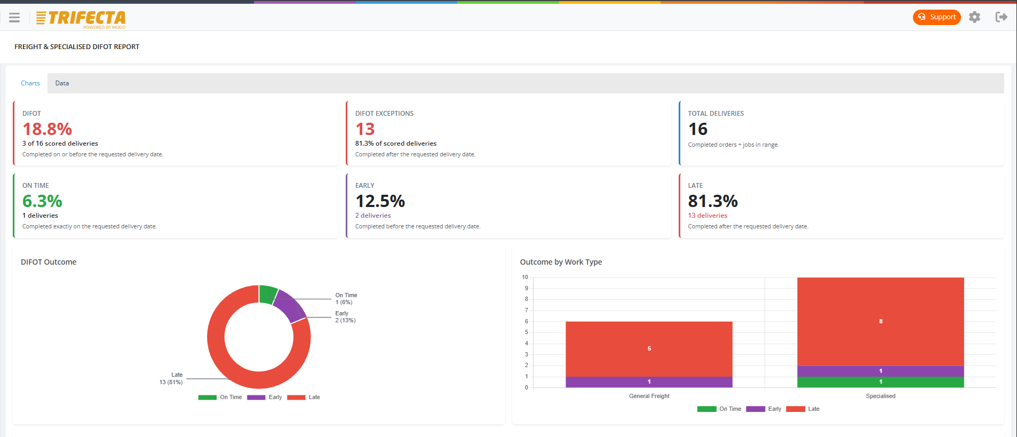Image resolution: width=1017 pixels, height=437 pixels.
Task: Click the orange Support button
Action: click(936, 17)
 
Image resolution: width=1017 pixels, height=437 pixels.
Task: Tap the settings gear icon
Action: click(975, 17)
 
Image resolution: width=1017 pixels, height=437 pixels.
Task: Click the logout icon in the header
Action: click(1002, 17)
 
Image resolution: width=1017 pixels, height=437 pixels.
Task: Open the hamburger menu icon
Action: click(14, 18)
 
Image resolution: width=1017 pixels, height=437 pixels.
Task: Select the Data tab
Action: click(62, 83)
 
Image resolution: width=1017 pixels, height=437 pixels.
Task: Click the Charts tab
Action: click(30, 83)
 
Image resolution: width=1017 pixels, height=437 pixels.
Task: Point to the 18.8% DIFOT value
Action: click(47, 129)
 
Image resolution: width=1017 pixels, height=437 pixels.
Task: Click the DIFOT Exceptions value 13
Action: click(365, 129)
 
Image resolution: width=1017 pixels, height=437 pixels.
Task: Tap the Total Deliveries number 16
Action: click(698, 129)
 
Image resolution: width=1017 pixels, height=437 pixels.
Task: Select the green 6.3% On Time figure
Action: click(42, 201)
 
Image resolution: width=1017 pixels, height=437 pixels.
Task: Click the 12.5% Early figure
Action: click(380, 201)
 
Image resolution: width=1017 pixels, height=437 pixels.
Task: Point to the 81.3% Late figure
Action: click(713, 201)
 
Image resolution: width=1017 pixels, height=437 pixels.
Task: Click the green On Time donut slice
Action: click(267, 295)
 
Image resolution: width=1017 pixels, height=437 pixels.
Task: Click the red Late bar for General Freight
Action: click(649, 349)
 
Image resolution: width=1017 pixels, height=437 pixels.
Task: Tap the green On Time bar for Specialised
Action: click(880, 382)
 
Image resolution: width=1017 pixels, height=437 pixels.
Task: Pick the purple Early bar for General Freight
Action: click(649, 382)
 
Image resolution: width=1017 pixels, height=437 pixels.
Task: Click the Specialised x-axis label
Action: click(880, 396)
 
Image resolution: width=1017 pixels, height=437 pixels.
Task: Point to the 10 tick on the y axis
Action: click(525, 277)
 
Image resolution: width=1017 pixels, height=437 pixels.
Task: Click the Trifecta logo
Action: click(81, 19)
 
